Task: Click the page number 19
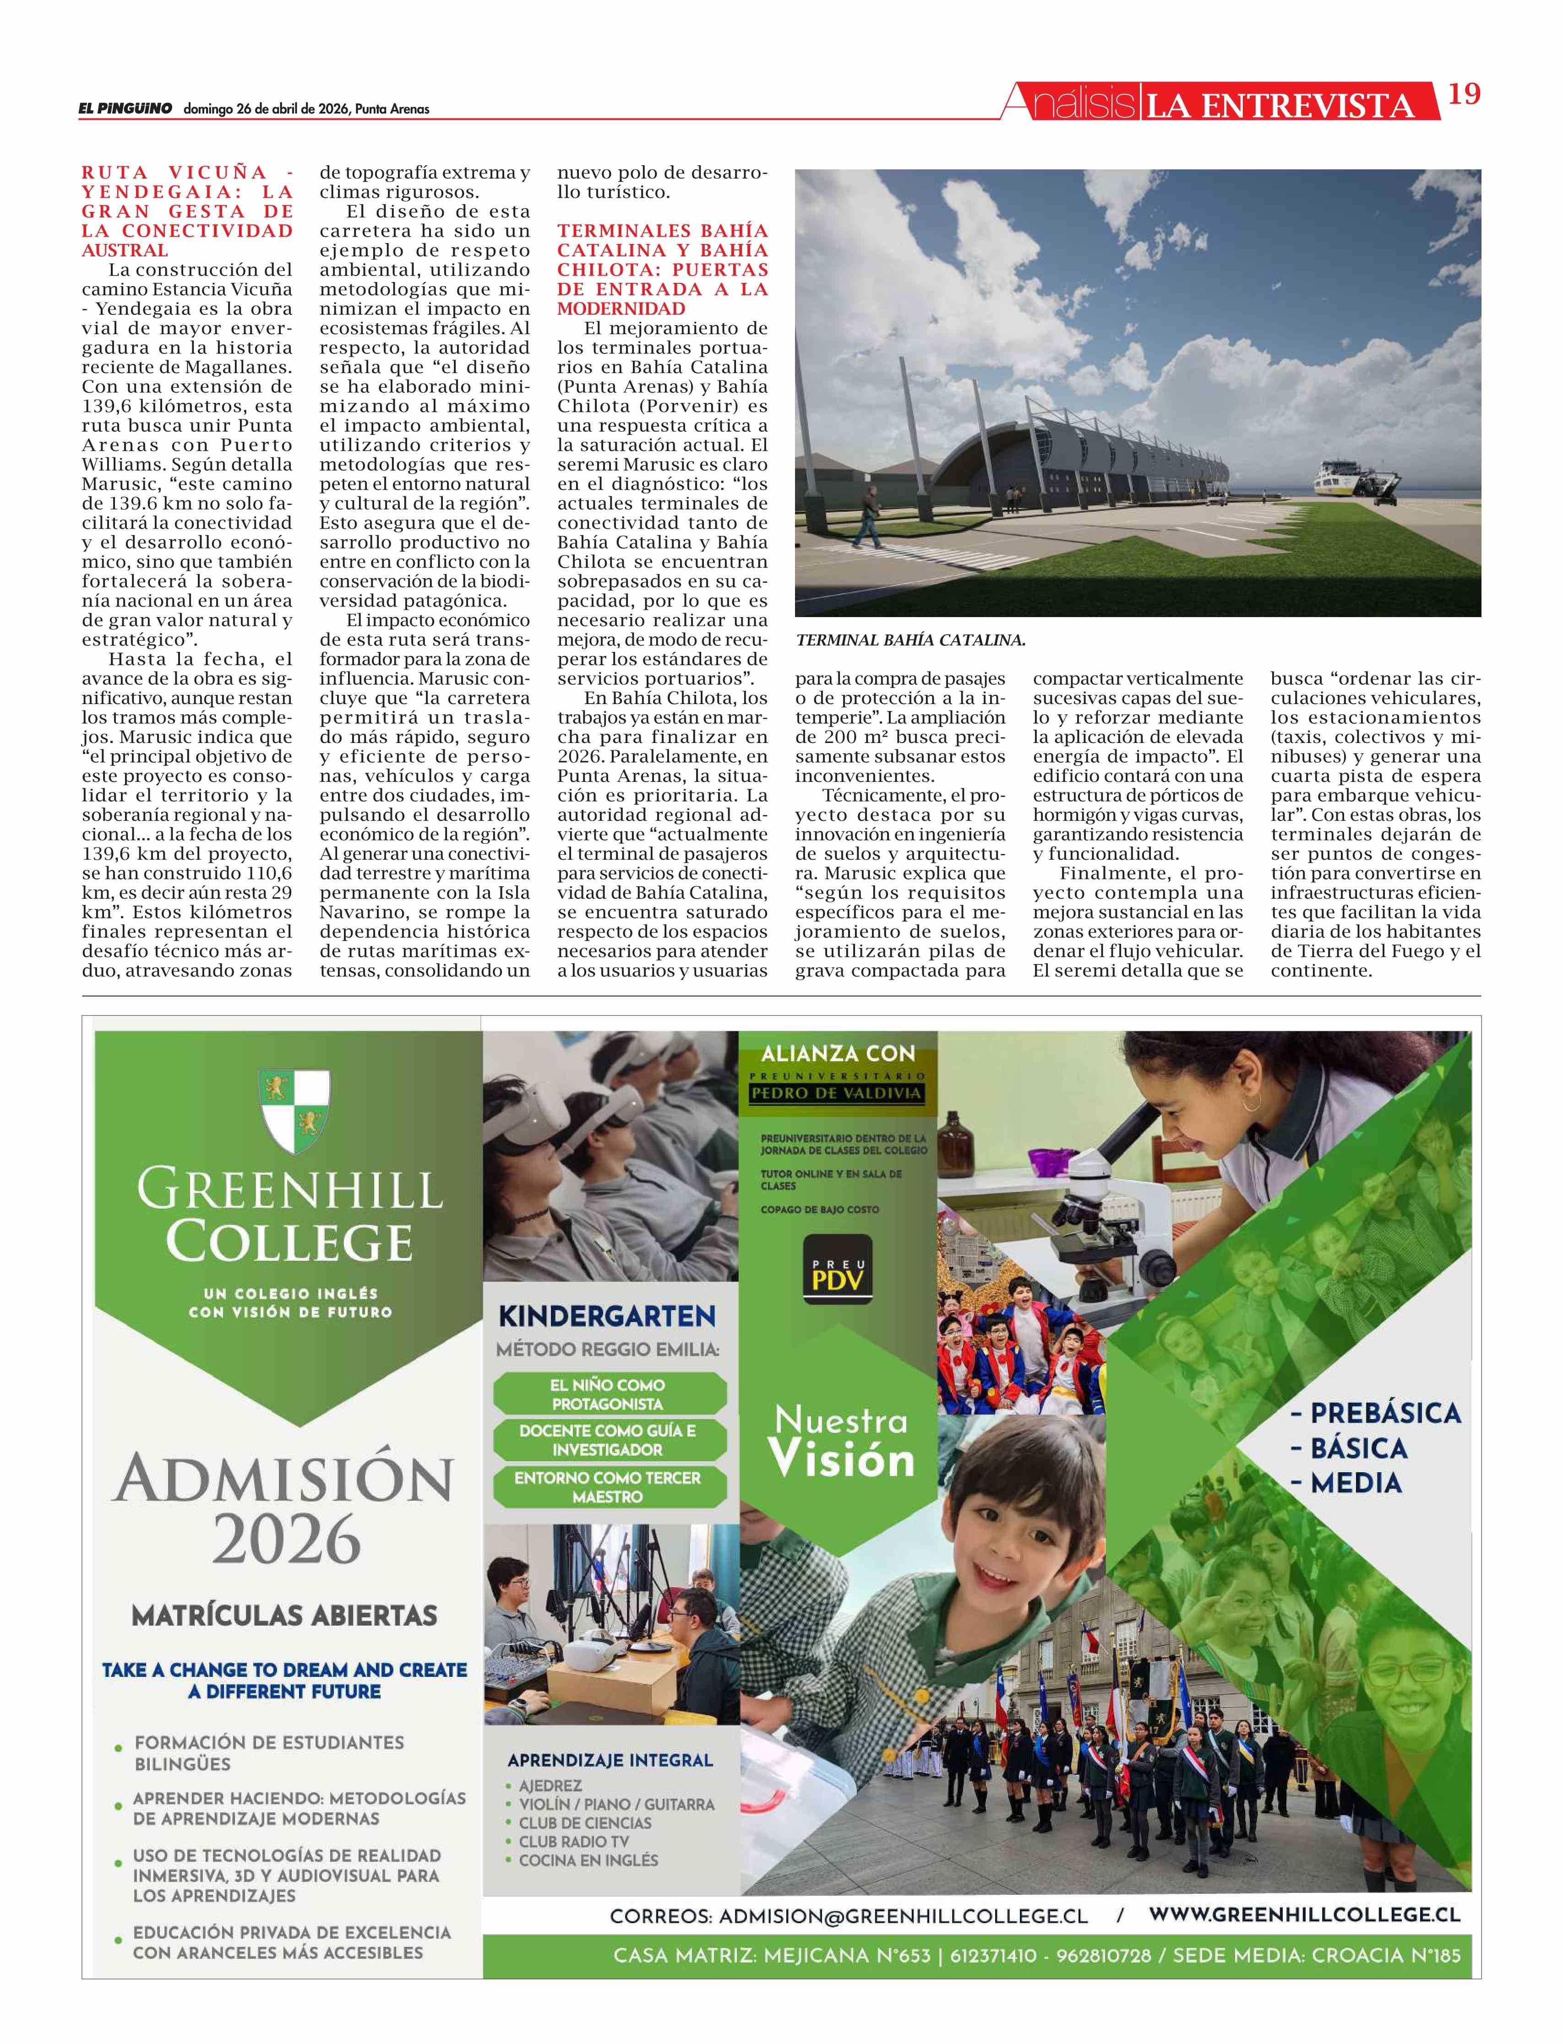1464,94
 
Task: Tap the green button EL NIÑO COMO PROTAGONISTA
608,1394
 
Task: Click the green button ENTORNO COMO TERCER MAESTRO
608,1487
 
